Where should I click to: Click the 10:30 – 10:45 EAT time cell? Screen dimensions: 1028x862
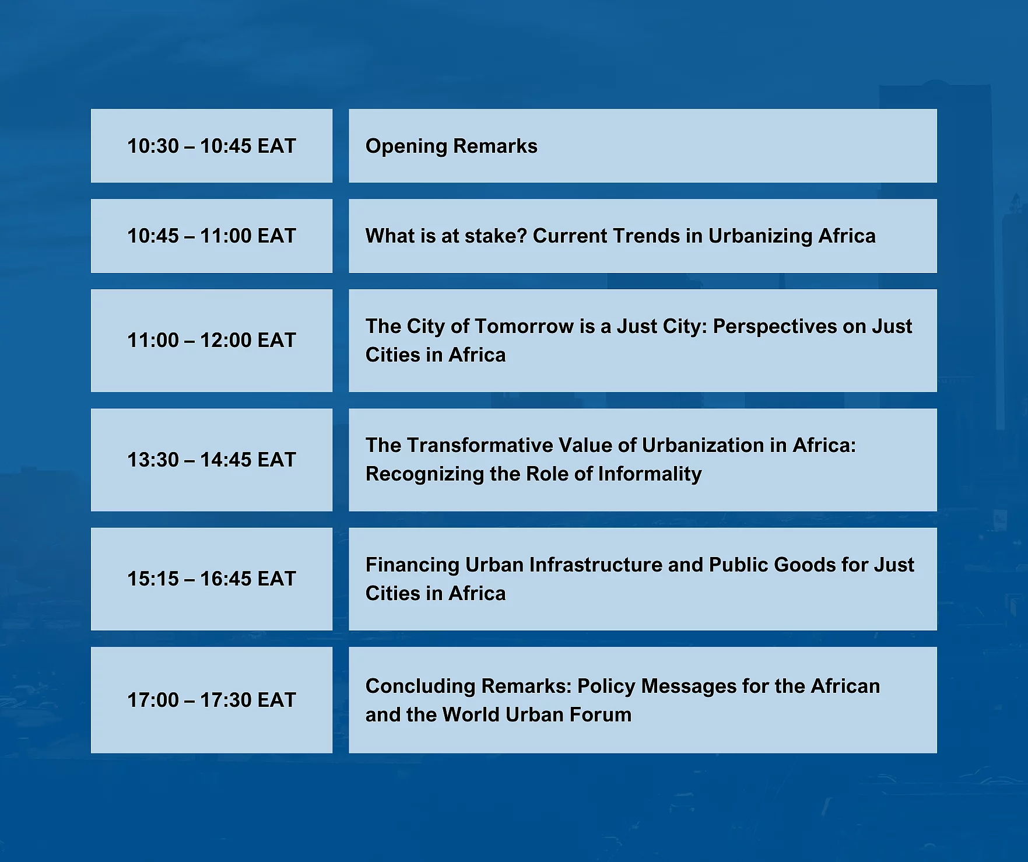pos(212,146)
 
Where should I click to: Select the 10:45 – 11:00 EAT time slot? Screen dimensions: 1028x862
pos(212,236)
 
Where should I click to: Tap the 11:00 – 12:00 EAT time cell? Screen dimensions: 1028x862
pos(212,341)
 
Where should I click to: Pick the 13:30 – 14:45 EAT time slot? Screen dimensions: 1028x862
pos(212,460)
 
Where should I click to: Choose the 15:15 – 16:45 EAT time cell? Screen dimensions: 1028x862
pos(212,579)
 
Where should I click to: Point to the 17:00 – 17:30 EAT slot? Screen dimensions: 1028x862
pos(212,700)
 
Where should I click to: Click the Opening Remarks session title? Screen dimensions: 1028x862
pos(451,146)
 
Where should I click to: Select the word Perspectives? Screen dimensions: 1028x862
pos(775,327)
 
